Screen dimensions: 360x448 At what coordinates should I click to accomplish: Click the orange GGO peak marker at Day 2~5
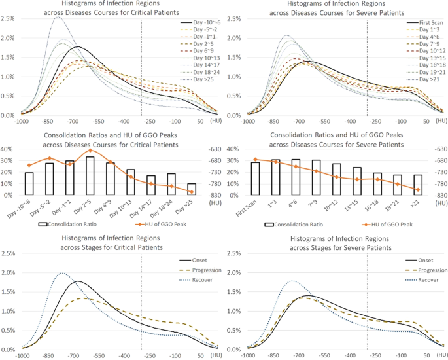pos(90,151)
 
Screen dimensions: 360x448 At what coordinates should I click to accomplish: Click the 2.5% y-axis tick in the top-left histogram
pos(9,18)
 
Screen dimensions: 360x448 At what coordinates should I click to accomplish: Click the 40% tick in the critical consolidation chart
pos(10,149)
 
